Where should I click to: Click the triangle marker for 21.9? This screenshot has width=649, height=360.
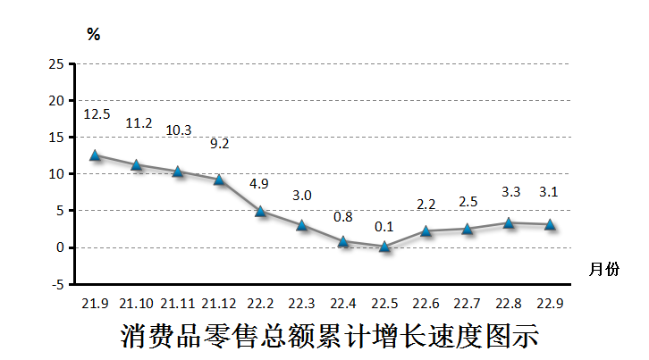pyautogui.click(x=95, y=155)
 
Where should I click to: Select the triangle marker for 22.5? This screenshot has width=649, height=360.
pyautogui.click(x=384, y=246)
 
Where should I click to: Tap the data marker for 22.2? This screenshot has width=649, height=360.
pyautogui.click(x=260, y=211)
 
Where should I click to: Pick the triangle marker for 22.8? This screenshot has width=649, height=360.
pyautogui.click(x=509, y=222)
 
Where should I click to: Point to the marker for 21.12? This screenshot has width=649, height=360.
pyautogui.click(x=219, y=179)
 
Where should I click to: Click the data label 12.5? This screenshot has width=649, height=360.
pyautogui.click(x=97, y=114)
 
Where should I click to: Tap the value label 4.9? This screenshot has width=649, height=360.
pyautogui.click(x=259, y=184)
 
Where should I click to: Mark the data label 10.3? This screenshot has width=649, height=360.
pyautogui.click(x=179, y=130)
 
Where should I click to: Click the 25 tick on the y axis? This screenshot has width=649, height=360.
pyautogui.click(x=56, y=64)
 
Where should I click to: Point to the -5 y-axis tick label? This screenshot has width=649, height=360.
pyautogui.click(x=56, y=284)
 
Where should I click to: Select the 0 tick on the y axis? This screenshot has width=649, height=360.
pyautogui.click(x=60, y=247)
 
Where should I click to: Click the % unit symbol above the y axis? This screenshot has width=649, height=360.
pyautogui.click(x=93, y=35)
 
